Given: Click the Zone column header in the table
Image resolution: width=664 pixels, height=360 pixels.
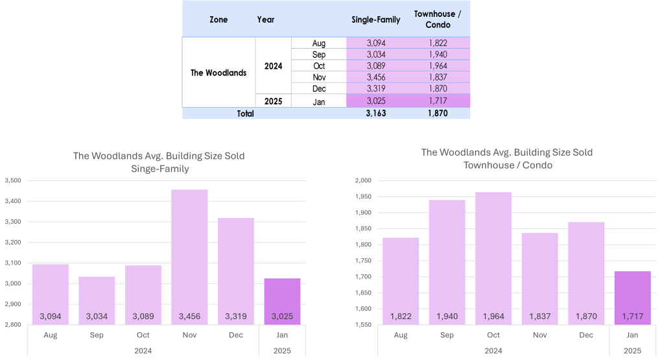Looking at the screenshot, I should [x=219, y=19].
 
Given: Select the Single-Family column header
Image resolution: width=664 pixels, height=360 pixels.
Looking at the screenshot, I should [x=375, y=19].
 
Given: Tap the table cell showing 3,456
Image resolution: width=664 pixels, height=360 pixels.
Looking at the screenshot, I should [x=375, y=77].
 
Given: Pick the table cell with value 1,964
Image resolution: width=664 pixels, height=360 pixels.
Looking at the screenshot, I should [x=438, y=66].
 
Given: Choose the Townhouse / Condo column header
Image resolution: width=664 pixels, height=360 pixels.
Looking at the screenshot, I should [x=438, y=19].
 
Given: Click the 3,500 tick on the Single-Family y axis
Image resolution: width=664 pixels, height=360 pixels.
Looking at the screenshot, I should [x=13, y=180].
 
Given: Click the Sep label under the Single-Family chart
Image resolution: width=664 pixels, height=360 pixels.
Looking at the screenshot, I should [x=97, y=335].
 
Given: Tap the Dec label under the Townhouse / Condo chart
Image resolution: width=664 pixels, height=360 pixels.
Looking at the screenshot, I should [x=586, y=335].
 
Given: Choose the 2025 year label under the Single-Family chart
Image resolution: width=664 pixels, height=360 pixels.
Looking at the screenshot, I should [x=282, y=350].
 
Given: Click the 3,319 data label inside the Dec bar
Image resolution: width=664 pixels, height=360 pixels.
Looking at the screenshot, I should [x=235, y=317].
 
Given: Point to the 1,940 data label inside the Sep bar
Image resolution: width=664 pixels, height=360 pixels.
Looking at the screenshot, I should [x=447, y=317].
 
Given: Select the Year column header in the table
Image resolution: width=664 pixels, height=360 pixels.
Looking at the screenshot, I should [x=266, y=19].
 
